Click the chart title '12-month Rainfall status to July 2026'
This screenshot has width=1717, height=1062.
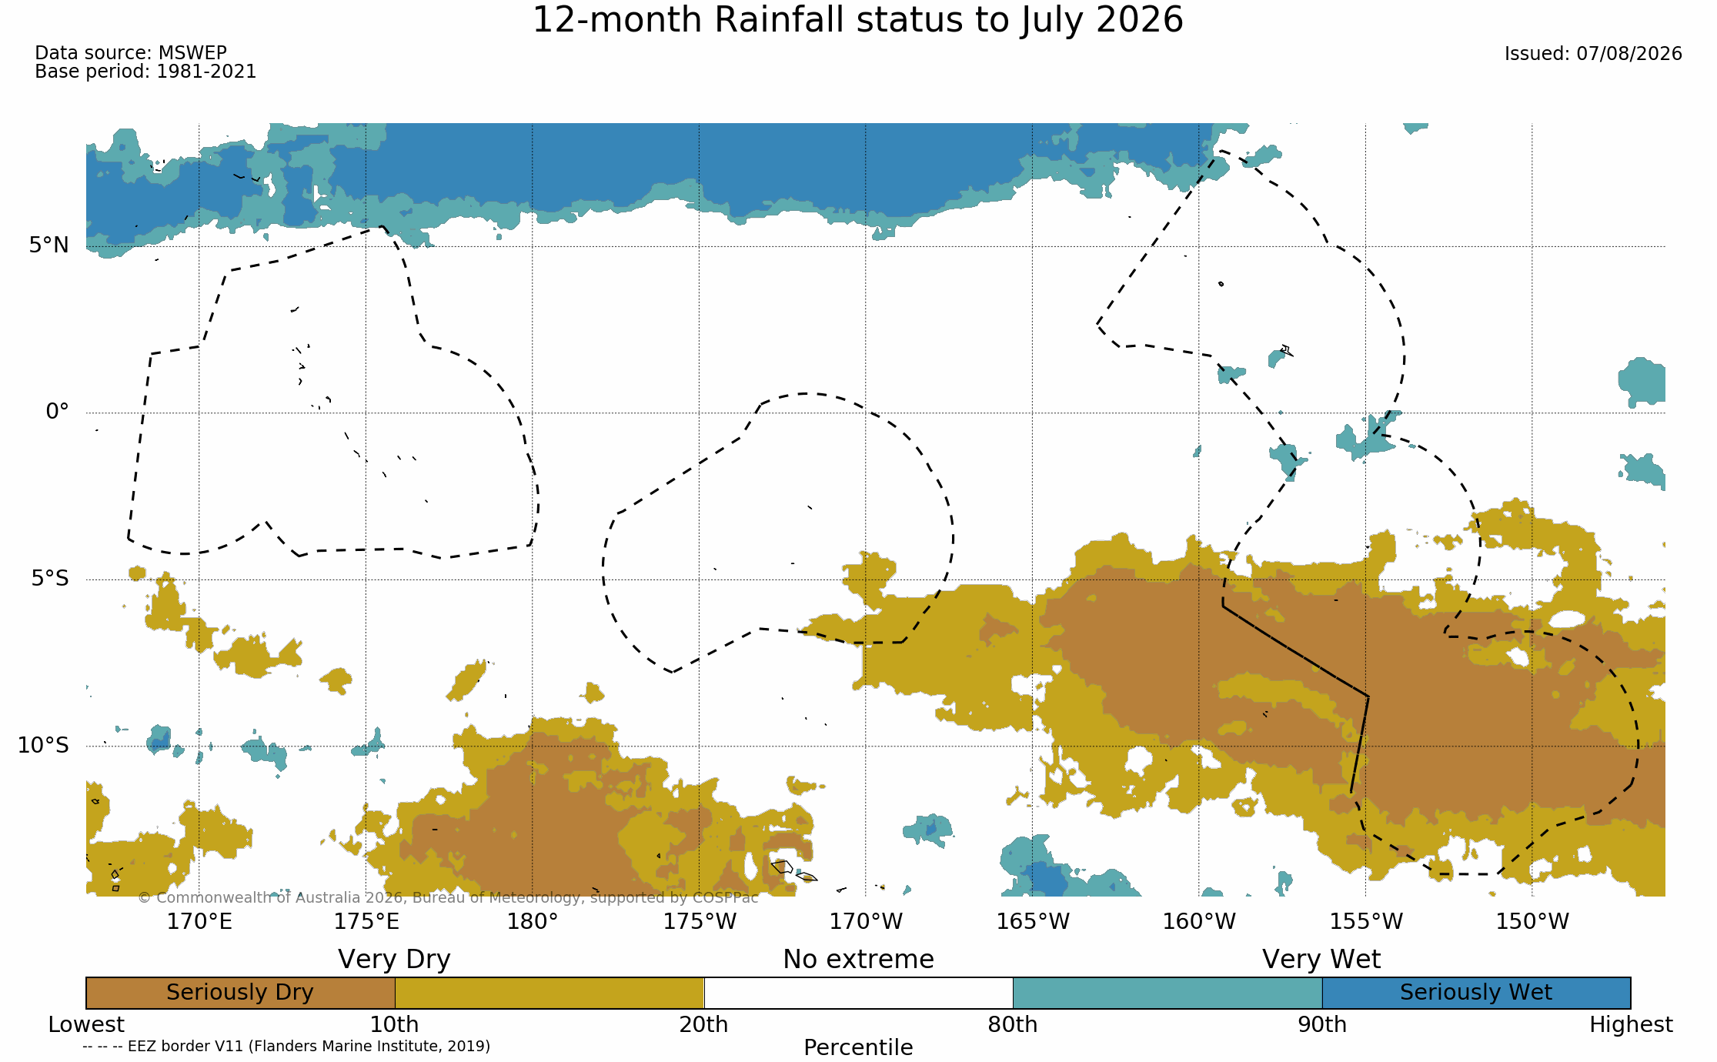coord(857,21)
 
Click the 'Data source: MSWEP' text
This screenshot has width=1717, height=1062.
coord(131,53)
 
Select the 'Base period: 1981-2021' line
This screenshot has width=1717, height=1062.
coord(145,72)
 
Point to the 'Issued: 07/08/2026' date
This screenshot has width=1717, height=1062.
coord(1593,54)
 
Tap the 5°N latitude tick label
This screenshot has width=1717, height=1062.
coord(49,245)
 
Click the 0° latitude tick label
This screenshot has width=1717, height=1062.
coord(58,412)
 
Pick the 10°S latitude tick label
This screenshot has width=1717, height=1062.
coord(43,745)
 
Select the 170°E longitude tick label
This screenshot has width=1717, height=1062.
coord(199,921)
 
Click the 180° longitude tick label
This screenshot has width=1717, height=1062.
coord(532,921)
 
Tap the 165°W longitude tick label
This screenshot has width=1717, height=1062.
coord(1033,921)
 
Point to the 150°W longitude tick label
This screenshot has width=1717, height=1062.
coord(1532,921)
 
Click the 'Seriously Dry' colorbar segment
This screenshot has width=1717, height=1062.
coord(240,993)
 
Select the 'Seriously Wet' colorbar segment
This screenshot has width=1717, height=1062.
coord(1476,993)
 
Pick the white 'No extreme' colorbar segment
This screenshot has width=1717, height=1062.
coord(858,993)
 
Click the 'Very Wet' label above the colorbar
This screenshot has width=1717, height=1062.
coord(1321,960)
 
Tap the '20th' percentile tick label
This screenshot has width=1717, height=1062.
coord(703,1025)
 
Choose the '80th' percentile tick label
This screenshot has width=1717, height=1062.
coord(1013,1025)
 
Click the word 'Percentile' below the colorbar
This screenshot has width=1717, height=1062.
coord(858,1047)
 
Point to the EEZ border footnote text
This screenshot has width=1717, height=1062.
coord(286,1046)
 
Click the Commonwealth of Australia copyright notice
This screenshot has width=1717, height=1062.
coord(448,897)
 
